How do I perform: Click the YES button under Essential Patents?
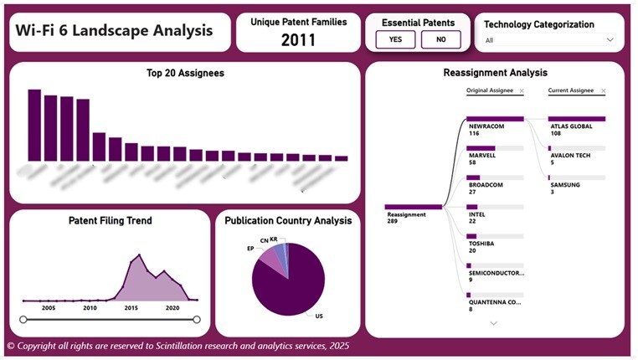click(395, 39)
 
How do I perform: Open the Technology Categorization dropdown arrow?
click(610, 39)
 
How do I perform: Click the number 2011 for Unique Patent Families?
click(299, 39)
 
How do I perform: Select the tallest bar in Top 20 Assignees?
click(34, 125)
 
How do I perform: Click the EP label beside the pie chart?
click(250, 249)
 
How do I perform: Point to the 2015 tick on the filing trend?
click(131, 308)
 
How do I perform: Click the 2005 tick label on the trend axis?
click(48, 308)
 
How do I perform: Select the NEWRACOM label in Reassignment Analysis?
click(486, 126)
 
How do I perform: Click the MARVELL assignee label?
click(482, 155)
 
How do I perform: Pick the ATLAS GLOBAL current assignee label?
click(572, 126)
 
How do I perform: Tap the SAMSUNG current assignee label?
click(564, 185)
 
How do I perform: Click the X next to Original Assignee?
click(522, 90)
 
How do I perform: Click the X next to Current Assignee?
click(603, 90)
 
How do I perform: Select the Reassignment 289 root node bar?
click(414, 206)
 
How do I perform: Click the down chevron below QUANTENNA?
click(493, 322)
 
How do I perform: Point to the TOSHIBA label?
click(483, 244)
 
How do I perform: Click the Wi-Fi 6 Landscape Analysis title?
click(114, 32)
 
